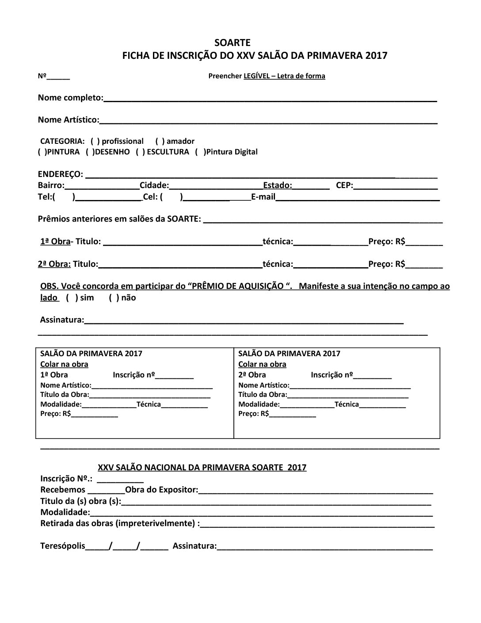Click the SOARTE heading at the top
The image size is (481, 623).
232,43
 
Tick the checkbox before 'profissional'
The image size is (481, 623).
95,142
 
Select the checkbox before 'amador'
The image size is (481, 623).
160,142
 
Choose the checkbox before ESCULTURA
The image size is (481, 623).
140,152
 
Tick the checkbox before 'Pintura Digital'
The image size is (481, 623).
200,152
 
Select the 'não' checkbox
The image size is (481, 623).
114,298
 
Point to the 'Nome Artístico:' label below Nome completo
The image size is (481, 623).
69,120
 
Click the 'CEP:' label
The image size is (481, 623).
344,185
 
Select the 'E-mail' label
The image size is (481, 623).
263,197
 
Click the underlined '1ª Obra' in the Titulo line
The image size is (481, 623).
55,242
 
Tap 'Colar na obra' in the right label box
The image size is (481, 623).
262,365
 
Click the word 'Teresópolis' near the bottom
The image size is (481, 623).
62,546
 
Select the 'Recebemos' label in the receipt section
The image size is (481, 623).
62,490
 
